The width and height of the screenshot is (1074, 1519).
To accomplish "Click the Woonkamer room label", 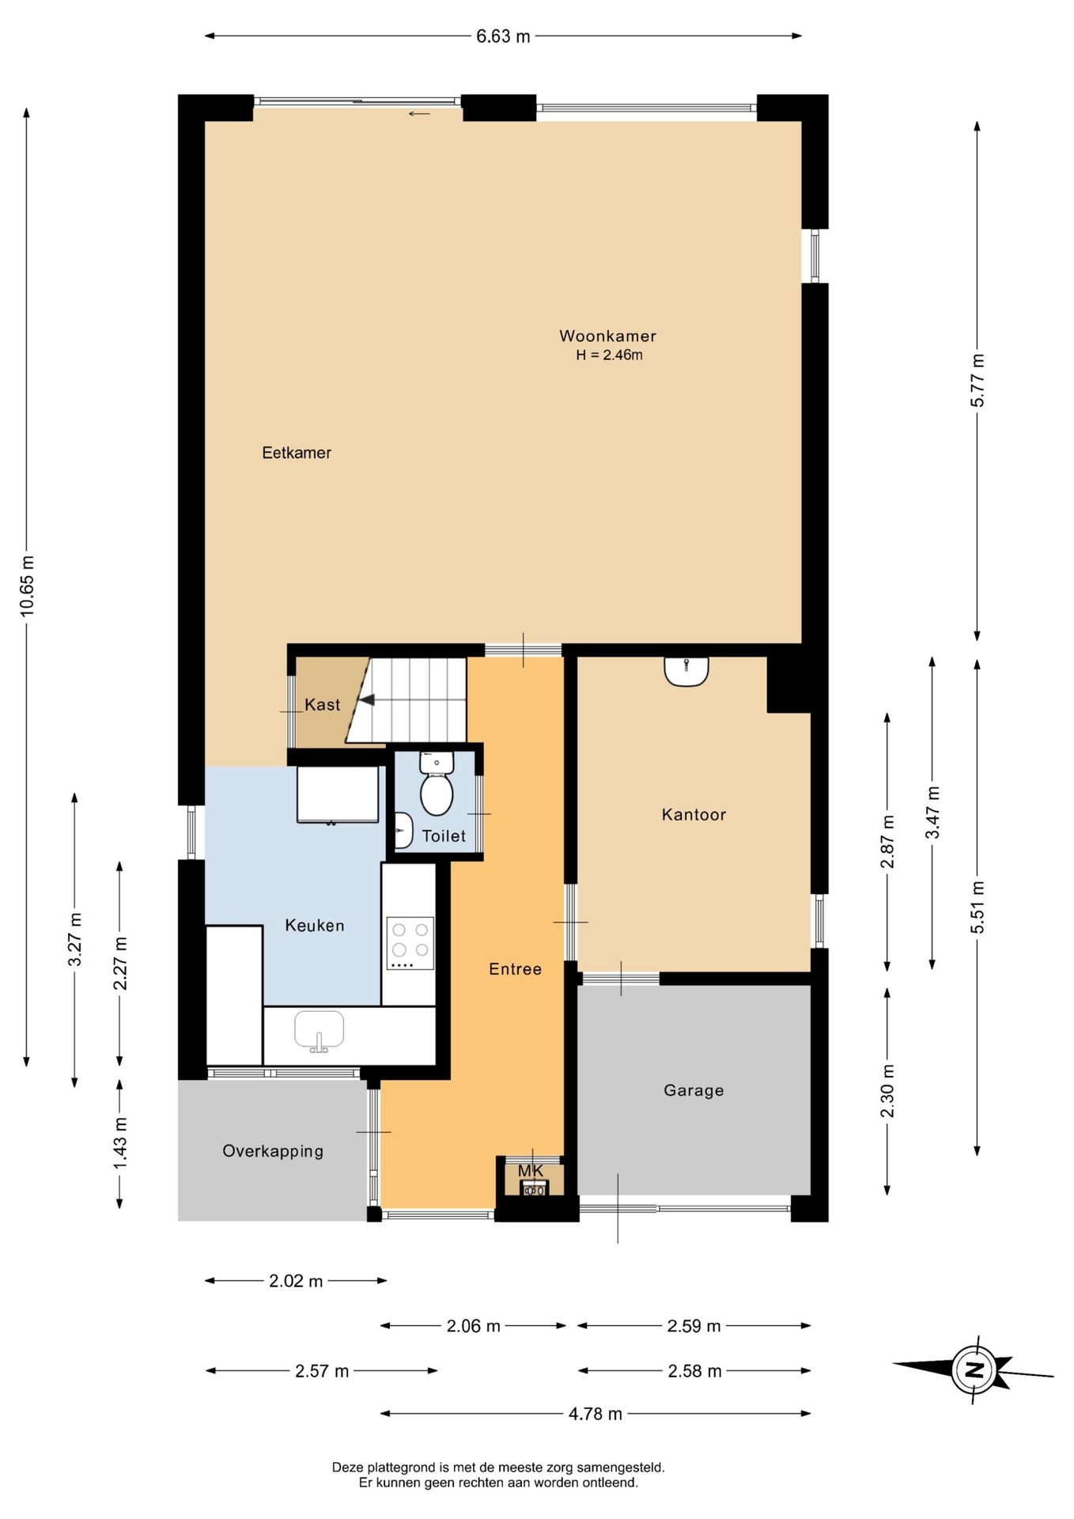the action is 607,335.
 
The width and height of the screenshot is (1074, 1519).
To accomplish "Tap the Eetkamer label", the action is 297,453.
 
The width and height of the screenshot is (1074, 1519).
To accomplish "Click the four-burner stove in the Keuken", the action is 410,943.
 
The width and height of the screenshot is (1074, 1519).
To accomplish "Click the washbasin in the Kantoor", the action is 686,671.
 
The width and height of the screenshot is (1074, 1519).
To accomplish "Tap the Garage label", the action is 694,1090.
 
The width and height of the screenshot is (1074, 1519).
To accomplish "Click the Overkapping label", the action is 273,1151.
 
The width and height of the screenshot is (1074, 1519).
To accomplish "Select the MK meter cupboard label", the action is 531,1170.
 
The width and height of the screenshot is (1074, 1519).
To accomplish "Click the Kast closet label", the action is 323,704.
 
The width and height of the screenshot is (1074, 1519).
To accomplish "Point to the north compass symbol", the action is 974,1369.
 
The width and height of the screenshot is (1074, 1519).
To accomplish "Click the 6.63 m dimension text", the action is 503,36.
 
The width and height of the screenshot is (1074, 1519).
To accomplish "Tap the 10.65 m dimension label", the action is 28,586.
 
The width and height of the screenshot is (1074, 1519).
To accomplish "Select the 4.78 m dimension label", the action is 596,1414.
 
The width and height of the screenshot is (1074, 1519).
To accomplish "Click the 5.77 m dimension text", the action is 978,381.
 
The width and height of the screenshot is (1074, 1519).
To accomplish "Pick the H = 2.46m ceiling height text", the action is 609,355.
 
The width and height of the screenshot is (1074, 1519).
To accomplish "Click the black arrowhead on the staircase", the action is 365,699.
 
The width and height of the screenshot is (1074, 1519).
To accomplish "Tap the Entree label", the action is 515,969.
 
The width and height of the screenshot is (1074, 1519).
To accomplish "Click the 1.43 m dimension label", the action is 120,1143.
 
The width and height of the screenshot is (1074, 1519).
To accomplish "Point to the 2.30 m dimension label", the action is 888,1091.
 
